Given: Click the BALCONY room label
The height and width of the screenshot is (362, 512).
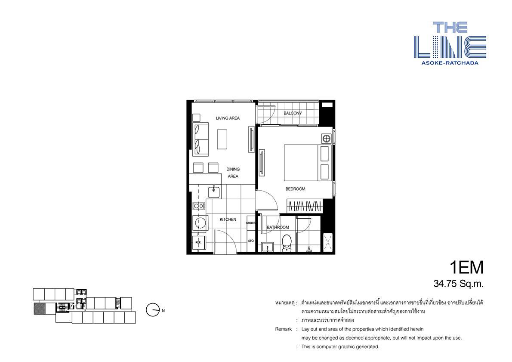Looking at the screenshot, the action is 293,113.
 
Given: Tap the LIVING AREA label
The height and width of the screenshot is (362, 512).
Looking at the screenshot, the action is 228,118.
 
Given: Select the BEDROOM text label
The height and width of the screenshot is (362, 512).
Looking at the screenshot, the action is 295,189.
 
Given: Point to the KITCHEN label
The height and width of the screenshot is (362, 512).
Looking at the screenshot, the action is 228,220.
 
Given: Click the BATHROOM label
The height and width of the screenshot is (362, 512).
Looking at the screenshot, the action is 278,227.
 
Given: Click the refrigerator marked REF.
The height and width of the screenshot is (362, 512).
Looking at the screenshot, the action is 198,242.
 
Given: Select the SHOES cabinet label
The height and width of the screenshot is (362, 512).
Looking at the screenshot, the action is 251,223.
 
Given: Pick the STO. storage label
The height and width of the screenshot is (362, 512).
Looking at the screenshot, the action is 251,241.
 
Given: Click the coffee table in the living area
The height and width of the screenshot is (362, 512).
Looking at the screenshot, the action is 222,139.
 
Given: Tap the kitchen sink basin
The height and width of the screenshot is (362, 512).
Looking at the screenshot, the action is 214,191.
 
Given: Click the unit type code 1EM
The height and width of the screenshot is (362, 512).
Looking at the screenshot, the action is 466,268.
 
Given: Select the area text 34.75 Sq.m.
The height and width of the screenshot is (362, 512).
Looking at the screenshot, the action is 459,284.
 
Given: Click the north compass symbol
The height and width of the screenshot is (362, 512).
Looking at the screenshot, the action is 152,310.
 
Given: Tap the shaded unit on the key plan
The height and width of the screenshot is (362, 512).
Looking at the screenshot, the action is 39,309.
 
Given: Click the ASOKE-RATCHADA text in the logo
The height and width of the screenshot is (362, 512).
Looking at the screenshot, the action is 450,63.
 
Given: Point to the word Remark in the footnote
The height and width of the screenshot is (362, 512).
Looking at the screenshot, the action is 284,329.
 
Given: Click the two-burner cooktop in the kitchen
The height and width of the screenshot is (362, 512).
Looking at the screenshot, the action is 198,206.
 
